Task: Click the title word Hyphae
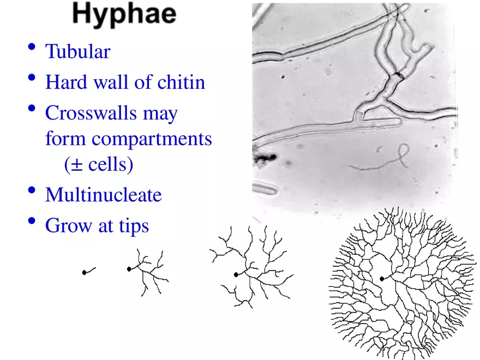point(124,15)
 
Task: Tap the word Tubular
point(77,52)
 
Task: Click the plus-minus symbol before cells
point(70,164)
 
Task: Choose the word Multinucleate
point(103,195)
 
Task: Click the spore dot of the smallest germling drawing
point(84,272)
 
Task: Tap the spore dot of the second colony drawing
point(129,269)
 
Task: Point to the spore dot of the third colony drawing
point(235,275)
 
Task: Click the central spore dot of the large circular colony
point(381,279)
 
